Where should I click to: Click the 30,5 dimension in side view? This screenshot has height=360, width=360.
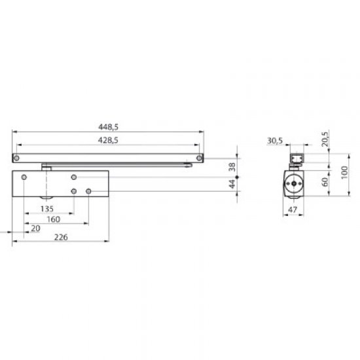tap(275, 140)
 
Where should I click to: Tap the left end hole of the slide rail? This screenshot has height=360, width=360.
tap(18, 157)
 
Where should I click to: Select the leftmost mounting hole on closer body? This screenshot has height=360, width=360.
tap(24, 177)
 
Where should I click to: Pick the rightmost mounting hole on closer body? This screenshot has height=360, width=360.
tap(89, 191)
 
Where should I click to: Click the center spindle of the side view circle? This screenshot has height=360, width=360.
tap(291, 185)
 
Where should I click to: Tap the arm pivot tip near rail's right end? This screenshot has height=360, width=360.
tap(188, 166)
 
